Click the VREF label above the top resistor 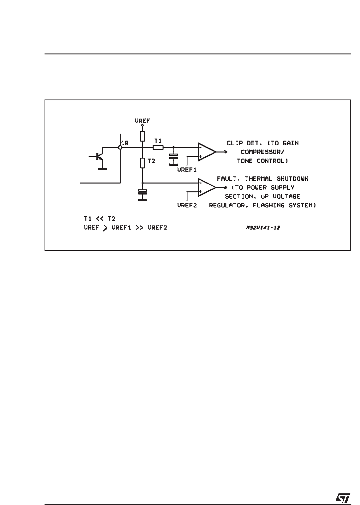[142, 121]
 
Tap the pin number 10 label [125, 143]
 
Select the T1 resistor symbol [158, 147]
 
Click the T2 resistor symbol [142, 163]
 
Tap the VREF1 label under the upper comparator [187, 169]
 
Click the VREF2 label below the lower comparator [187, 205]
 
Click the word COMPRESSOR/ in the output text [263, 152]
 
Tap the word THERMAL [259, 179]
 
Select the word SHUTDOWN [293, 179]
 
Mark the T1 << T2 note [99, 219]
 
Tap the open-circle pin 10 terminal [120, 147]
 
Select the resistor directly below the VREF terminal [142, 136]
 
